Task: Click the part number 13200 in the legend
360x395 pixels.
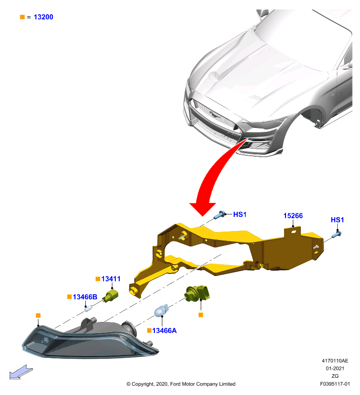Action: pos(43,17)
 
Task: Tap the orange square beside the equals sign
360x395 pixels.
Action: pos(22,17)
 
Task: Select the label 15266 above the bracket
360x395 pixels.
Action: pos(293,216)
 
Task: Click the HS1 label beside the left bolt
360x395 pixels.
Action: pos(240,214)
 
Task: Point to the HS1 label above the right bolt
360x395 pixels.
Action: pos(337,220)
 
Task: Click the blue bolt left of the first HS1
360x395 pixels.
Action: pos(219,215)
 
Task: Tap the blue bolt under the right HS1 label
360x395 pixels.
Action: pos(336,234)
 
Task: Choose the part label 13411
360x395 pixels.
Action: pos(110,279)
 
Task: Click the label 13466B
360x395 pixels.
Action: pos(85,297)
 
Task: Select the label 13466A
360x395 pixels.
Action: pos(164,330)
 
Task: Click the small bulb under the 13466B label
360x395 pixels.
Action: pos(88,308)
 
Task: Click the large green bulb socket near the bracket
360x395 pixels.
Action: pos(197,293)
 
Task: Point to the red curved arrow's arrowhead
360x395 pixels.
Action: pos(203,209)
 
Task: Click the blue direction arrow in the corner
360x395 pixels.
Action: pos(21,372)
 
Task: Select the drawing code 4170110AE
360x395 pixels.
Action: pos(335,361)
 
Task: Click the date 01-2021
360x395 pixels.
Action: pos(335,368)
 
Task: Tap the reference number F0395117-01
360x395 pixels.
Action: pos(335,384)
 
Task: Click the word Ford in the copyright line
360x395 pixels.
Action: pos(175,384)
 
